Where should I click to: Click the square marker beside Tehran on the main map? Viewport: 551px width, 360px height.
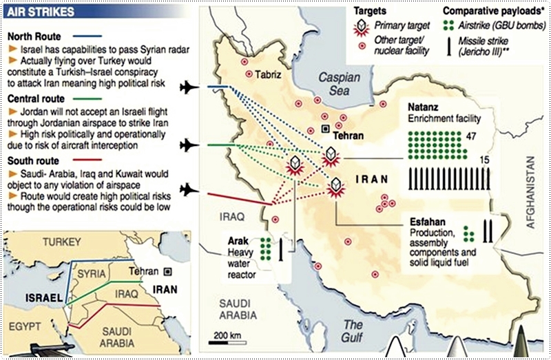click(x=325, y=129)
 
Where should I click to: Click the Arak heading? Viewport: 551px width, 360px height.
click(x=239, y=242)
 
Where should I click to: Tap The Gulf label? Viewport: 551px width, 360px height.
click(x=353, y=330)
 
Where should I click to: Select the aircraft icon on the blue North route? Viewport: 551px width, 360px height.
click(x=187, y=87)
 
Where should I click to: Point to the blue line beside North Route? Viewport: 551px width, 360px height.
click(x=84, y=36)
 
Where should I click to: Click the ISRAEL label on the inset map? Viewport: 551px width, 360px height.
click(x=40, y=297)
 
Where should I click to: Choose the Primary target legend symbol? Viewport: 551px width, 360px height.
click(x=361, y=28)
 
